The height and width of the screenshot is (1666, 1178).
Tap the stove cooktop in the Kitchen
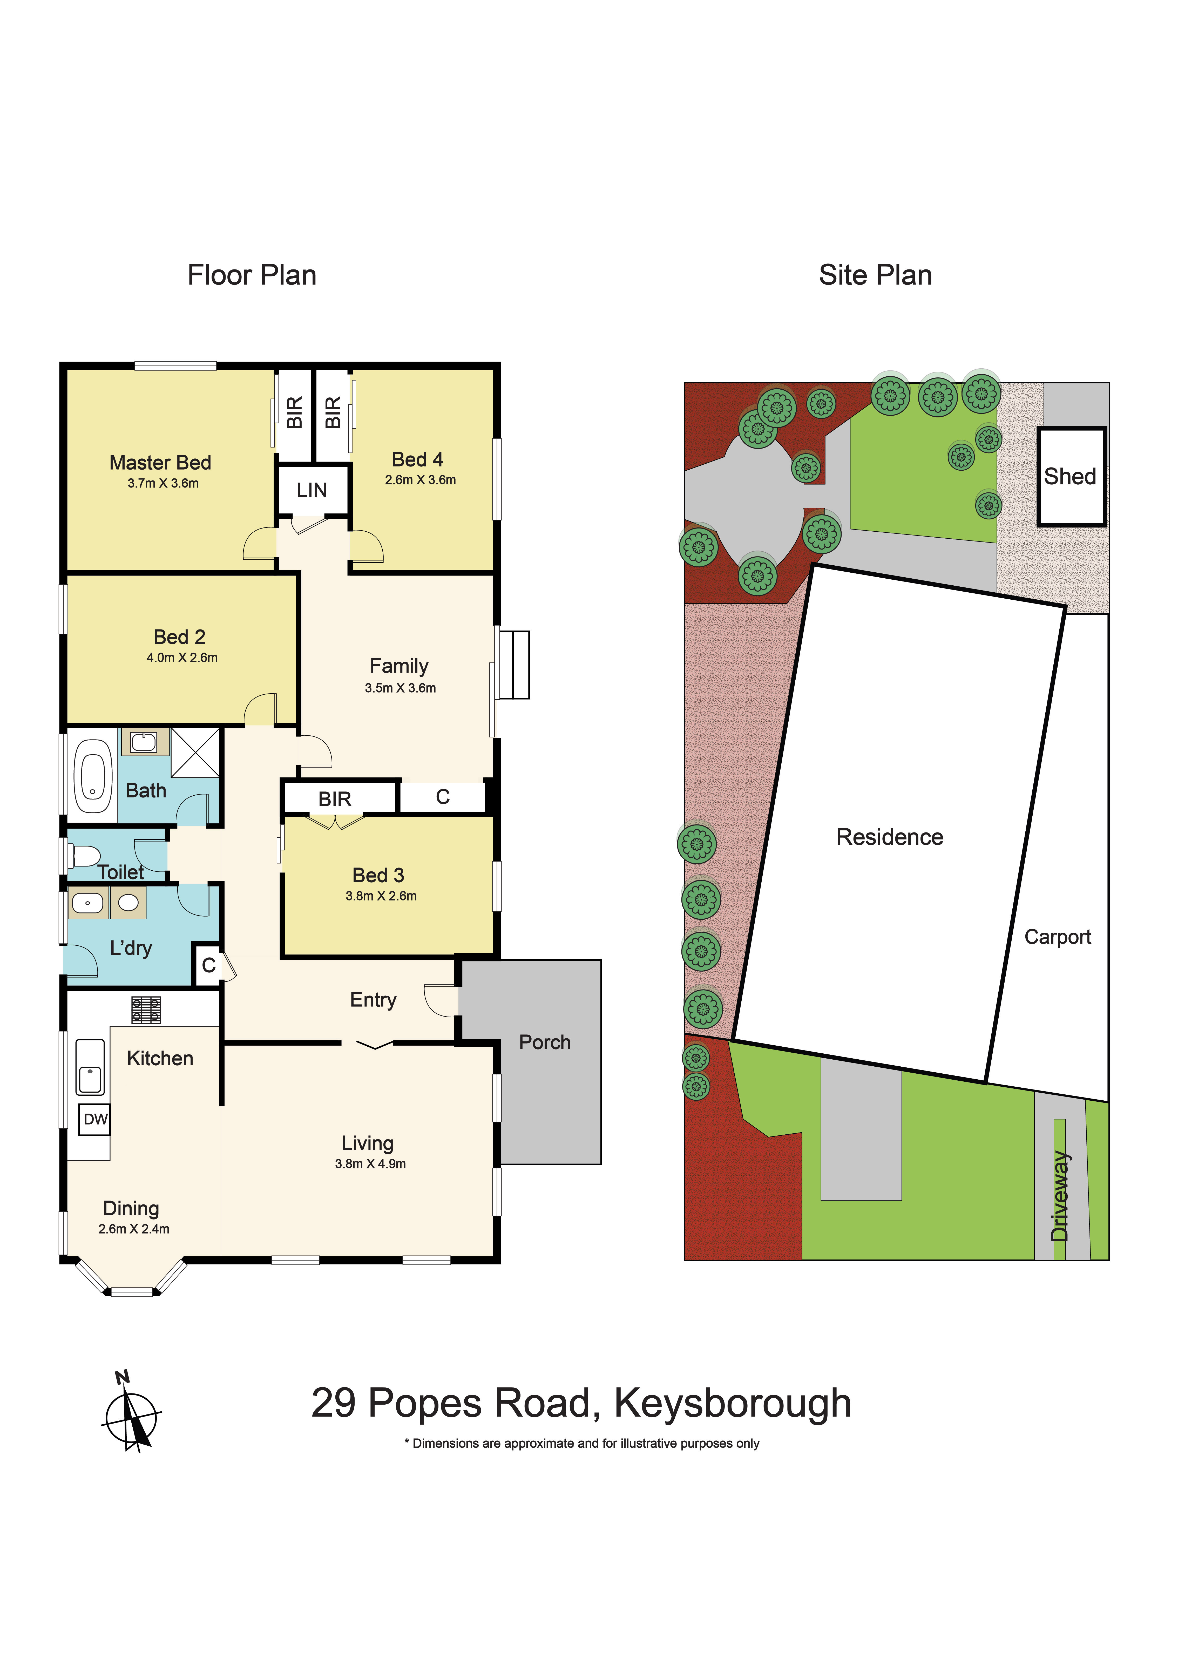pos(146,1009)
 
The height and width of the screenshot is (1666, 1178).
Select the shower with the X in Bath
pos(195,753)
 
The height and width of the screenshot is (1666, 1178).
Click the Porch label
pos(544,1043)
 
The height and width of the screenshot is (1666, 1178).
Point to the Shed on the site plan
pos(1071,477)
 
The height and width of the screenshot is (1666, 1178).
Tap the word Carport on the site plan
pos(1058,938)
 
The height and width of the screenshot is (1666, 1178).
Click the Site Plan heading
pos(875,276)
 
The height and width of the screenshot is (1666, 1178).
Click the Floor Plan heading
pos(252,276)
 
